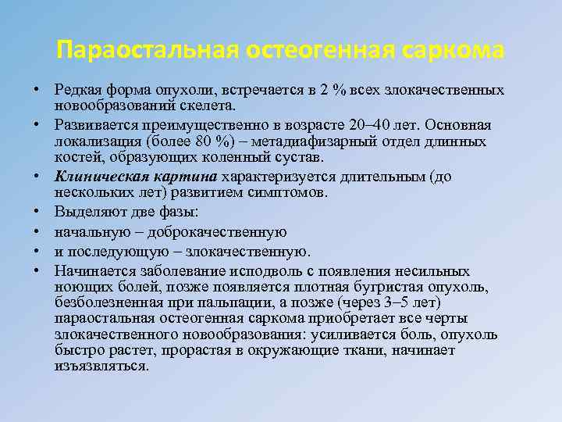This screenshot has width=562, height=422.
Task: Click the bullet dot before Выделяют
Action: [37, 212]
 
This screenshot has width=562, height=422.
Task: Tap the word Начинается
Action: [91, 271]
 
